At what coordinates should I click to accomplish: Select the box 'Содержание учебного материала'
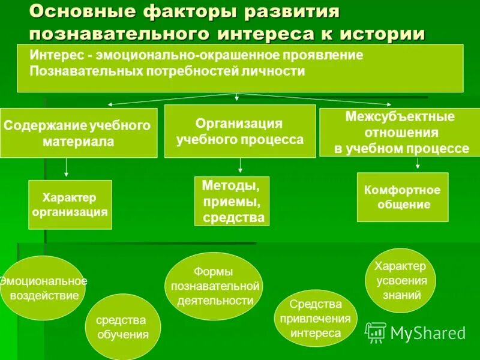tap(79, 133)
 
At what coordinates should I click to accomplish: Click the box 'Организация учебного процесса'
tap(240, 131)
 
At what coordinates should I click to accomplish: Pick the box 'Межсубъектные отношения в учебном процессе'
tap(400, 133)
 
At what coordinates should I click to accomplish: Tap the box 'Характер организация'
tap(70, 205)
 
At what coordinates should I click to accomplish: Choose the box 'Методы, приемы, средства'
tap(232, 201)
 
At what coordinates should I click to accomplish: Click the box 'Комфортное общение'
tap(403, 197)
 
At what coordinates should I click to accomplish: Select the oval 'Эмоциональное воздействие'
tap(43, 288)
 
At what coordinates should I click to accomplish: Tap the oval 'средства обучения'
tap(123, 327)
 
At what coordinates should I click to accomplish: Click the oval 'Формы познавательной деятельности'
tap(214, 286)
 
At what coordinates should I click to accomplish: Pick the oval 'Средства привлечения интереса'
tap(316, 319)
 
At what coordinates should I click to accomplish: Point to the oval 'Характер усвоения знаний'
tap(400, 280)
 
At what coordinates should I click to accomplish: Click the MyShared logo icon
tap(376, 332)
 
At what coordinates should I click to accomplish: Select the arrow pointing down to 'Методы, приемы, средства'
tap(241, 166)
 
